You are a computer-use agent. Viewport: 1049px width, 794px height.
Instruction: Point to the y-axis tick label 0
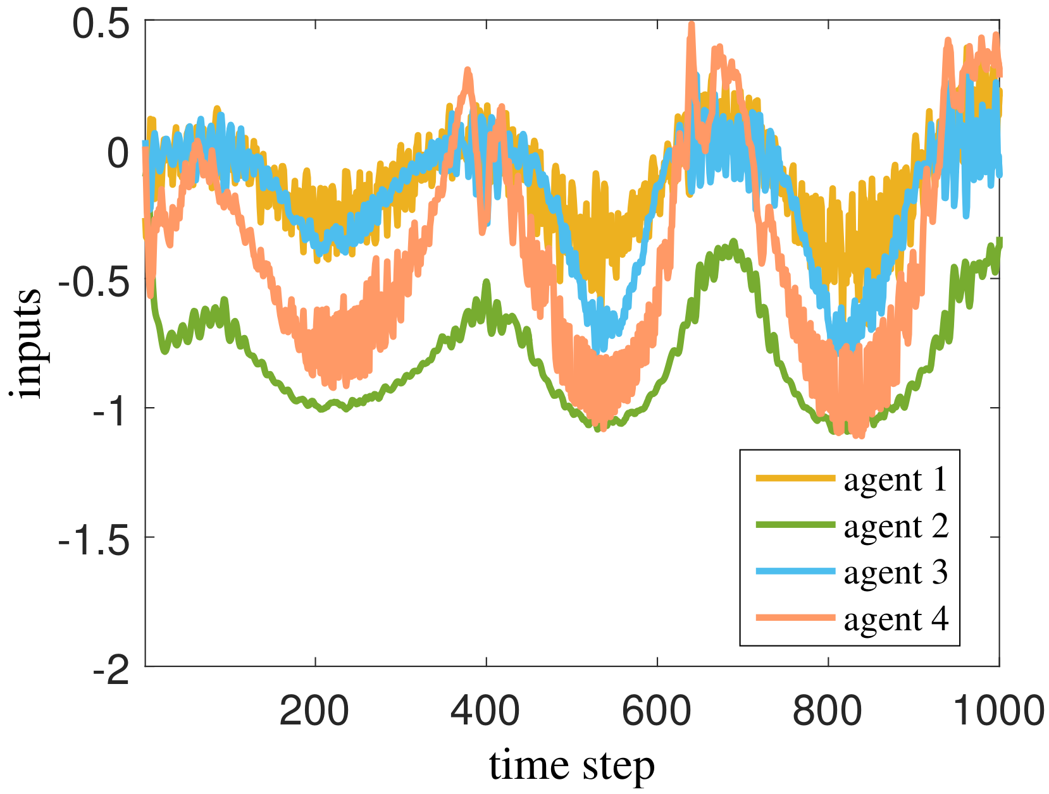click(x=118, y=154)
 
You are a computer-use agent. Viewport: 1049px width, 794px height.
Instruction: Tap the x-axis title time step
click(x=571, y=766)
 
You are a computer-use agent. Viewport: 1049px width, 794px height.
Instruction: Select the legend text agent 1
click(x=896, y=480)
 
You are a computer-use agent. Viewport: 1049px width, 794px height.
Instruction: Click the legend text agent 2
click(x=896, y=527)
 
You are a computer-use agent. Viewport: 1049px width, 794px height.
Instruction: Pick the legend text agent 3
click(x=896, y=573)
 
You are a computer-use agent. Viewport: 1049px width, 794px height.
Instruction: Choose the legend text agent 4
click(x=896, y=619)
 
